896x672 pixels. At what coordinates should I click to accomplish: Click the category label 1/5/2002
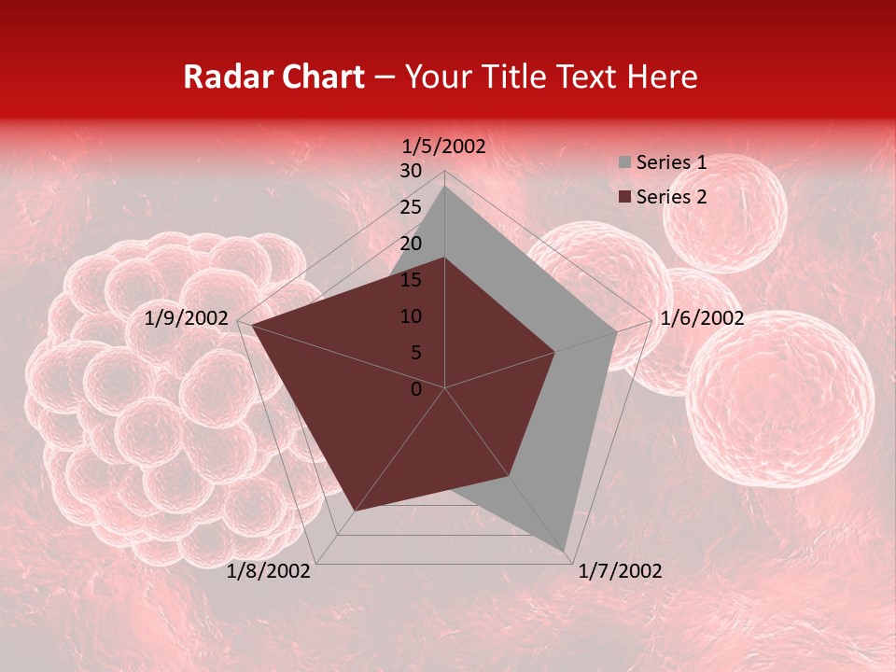pos(444,147)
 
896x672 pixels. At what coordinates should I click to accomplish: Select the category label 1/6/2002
pos(702,318)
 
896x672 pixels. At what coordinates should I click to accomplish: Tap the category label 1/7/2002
pos(620,571)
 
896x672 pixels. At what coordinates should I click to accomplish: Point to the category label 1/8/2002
pos(269,571)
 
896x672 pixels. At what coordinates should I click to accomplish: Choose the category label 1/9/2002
pos(187,318)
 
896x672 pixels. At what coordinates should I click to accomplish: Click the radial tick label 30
pos(411,171)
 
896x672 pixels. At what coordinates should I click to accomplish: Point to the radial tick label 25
pos(411,207)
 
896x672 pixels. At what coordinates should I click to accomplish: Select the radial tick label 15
pos(411,280)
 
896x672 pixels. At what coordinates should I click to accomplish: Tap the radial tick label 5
pos(415,353)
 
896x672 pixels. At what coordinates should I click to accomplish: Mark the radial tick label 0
pos(416,389)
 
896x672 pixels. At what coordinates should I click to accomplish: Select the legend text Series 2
pos(671,197)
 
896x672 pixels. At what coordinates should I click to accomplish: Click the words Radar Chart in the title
pos(273,77)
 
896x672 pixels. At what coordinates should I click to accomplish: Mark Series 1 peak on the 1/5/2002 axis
pos(444,186)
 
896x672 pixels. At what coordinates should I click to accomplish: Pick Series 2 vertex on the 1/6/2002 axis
pos(554,352)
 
